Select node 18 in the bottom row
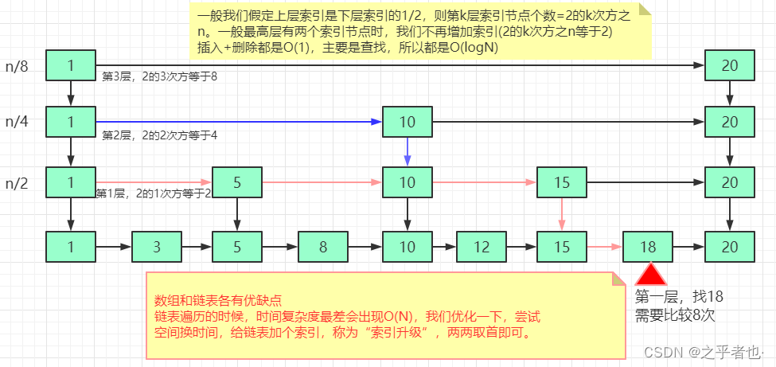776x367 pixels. pyautogui.click(x=648, y=247)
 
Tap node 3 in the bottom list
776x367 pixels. pyautogui.click(x=157, y=247)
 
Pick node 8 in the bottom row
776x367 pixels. pyautogui.click(x=323, y=247)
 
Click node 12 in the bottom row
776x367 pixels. pyautogui.click(x=482, y=247)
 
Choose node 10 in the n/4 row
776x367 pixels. pyautogui.click(x=407, y=122)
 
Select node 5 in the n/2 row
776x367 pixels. pyautogui.click(x=237, y=182)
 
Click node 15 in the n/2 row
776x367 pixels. pyautogui.click(x=562, y=182)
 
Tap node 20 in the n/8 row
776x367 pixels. pyautogui.click(x=730, y=66)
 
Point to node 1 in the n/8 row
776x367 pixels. pyautogui.click(x=71, y=66)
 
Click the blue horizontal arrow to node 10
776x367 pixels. pyautogui.click(x=239, y=122)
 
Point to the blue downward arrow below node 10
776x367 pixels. pyautogui.click(x=407, y=151)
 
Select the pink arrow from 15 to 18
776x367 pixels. pyautogui.click(x=604, y=247)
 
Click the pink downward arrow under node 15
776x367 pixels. pyautogui.click(x=562, y=213)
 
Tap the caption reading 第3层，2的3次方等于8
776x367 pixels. pyautogui.click(x=160, y=76)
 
